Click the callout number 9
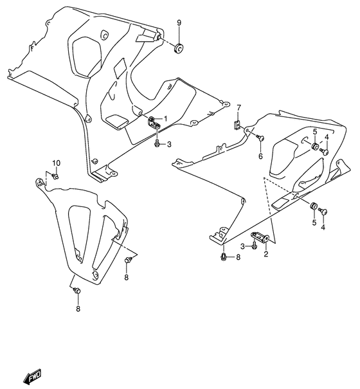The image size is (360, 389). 179,23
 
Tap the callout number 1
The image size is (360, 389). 165,118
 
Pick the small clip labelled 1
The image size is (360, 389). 154,123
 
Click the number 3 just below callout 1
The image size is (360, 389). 169,145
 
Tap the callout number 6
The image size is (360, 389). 260,156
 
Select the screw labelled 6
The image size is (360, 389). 260,136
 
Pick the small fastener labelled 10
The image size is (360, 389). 55,176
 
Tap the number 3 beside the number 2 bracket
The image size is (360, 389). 243,246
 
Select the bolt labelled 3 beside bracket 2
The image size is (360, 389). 255,245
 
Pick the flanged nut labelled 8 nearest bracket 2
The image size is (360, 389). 222,257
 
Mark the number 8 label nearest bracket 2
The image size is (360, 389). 237,258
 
